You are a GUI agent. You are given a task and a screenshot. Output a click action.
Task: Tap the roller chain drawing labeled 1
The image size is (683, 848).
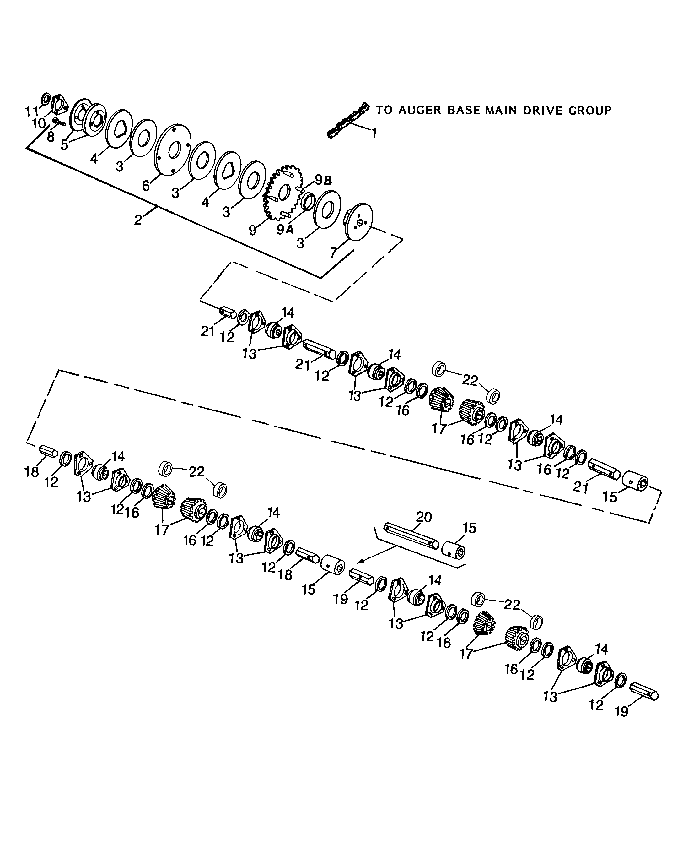coord(348,120)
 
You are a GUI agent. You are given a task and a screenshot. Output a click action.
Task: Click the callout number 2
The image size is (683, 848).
coord(138,220)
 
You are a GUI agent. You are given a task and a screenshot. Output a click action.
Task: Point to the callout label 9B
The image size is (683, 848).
coord(323,180)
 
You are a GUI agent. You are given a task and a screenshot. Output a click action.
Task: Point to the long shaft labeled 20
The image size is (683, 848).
coord(411,536)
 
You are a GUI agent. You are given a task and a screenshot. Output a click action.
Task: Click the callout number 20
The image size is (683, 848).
coord(424,517)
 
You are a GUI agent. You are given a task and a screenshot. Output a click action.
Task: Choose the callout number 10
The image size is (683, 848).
coord(39,124)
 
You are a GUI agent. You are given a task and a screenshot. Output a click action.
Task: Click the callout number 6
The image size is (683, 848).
coord(146,185)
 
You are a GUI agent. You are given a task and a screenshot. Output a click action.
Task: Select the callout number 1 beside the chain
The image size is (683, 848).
coord(374,134)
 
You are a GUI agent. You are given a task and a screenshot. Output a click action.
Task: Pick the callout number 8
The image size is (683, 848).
coord(51,137)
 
